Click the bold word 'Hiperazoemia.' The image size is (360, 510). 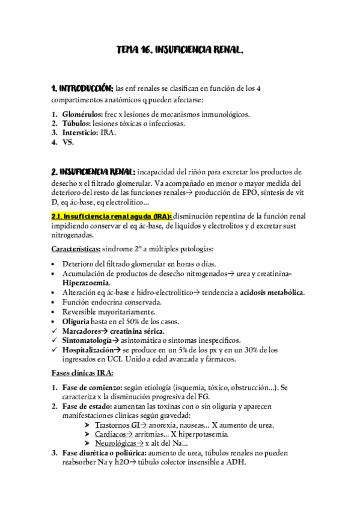[85, 283]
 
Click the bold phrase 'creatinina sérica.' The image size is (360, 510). [136, 331]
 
